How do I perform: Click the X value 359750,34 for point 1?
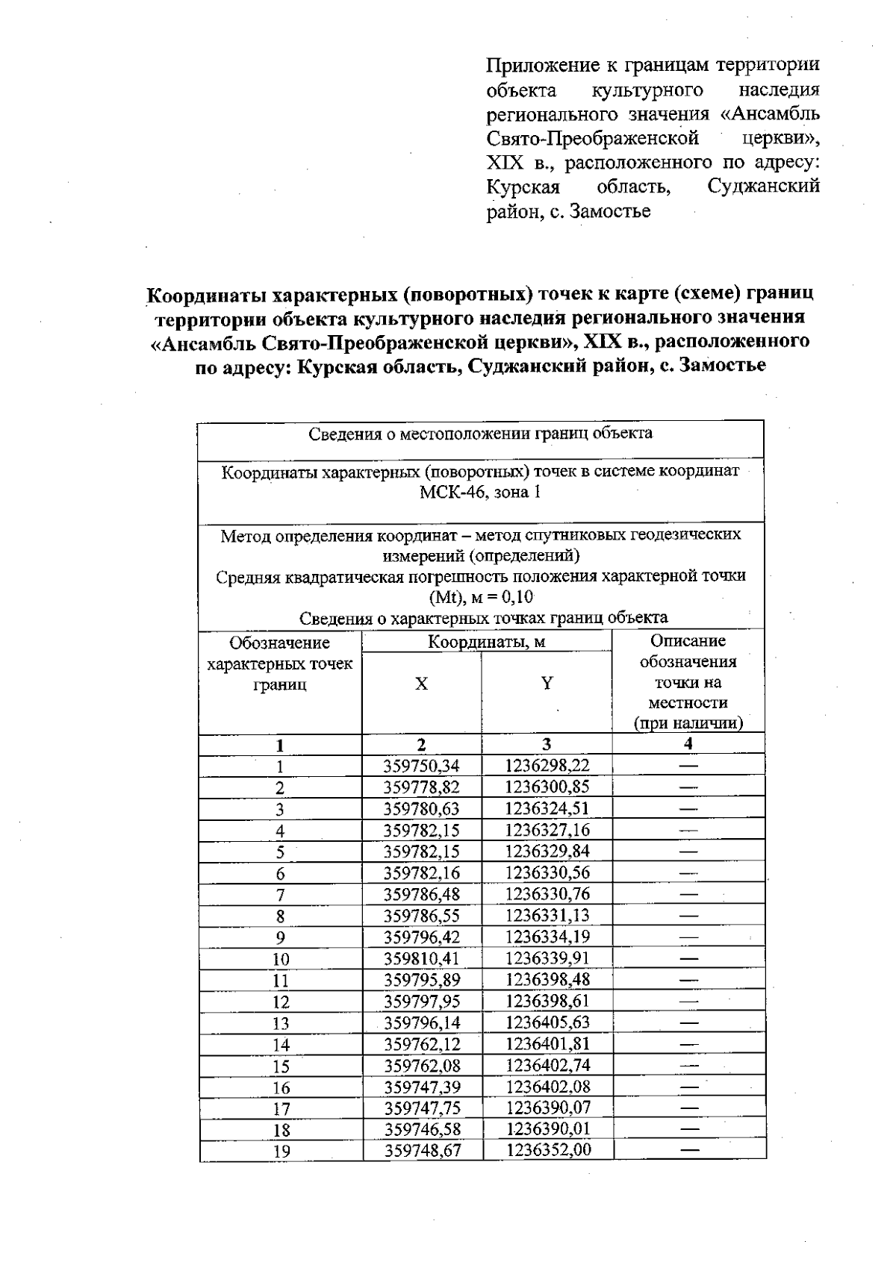pyautogui.click(x=422, y=766)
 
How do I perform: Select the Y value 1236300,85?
pyautogui.click(x=547, y=787)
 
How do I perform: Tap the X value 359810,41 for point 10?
pyautogui.click(x=422, y=958)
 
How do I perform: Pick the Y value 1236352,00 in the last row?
pyautogui.click(x=548, y=1150)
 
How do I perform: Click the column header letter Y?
pyautogui.click(x=547, y=683)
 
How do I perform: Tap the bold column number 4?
pyautogui.click(x=688, y=743)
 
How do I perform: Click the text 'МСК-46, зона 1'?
pyautogui.click(x=480, y=493)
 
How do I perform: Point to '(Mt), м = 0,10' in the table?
pyautogui.click(x=480, y=597)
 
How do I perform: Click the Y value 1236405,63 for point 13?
pyautogui.click(x=548, y=1022)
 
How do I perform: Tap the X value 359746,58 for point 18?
pyautogui.click(x=423, y=1129)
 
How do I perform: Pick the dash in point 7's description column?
pyautogui.click(x=688, y=894)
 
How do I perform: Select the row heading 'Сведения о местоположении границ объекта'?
pyautogui.click(x=480, y=434)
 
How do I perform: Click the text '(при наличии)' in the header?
pyautogui.click(x=688, y=723)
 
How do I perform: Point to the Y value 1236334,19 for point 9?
pyautogui.click(x=547, y=937)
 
